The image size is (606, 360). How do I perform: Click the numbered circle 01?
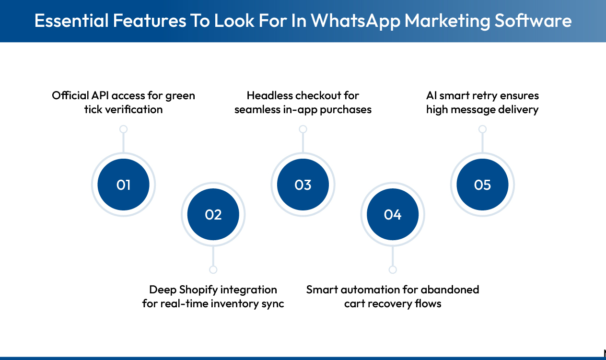123,185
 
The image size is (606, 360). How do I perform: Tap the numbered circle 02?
213,214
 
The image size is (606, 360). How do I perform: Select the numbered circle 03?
303,185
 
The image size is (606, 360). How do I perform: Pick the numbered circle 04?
393,214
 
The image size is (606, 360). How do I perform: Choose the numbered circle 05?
482,185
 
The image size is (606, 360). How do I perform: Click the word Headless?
270,95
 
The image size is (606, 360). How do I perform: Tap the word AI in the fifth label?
431,95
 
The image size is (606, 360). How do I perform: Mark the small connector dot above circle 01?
123,129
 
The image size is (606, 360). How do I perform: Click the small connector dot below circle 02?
213,269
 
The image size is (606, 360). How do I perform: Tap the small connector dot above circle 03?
303,129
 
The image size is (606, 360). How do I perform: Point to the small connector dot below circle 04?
393,269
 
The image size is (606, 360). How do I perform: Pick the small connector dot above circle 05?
482,129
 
